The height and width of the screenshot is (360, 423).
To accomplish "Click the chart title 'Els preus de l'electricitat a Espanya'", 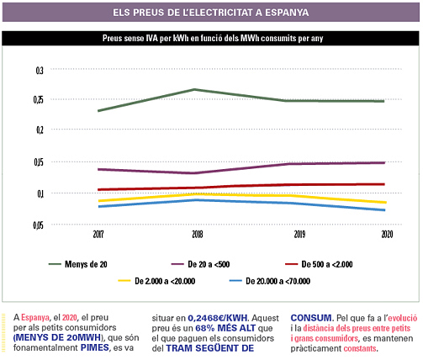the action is point(211,13).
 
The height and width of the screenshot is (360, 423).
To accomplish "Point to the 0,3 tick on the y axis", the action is point(40,71).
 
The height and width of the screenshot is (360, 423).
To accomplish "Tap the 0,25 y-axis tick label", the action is point(39,99).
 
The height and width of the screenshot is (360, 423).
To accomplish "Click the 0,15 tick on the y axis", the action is point(39,162).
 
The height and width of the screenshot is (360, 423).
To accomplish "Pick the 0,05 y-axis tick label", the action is point(39,225).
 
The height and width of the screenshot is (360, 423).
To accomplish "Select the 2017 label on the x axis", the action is point(98,235).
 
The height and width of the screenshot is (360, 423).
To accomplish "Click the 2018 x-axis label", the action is point(198,235).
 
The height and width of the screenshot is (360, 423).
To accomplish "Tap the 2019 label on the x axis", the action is point(299,235).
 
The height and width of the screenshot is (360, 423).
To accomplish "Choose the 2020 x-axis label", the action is point(387,235).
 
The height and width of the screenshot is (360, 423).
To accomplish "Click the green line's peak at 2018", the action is point(194,90).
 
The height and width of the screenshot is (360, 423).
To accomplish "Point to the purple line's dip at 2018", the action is point(195,173).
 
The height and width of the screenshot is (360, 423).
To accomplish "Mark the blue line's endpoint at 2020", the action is point(384,210).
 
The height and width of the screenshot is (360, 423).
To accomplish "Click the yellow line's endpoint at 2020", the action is point(385,202).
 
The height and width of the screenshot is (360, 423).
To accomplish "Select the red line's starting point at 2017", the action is point(98,190).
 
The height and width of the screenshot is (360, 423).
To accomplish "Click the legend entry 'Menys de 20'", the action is point(78,264).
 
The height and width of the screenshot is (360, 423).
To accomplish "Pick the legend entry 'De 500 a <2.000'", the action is point(319,264).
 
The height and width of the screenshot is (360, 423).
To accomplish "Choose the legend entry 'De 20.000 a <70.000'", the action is point(270,281).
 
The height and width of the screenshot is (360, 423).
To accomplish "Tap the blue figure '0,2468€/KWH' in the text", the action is point(218,318).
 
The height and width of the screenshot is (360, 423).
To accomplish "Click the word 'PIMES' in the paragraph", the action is point(95,347).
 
